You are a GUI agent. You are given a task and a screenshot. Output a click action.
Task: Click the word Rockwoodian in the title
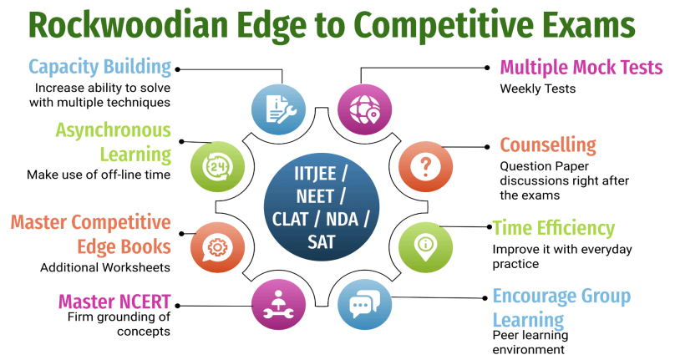(128, 26)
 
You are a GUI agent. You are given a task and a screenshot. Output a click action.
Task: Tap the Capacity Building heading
(100, 68)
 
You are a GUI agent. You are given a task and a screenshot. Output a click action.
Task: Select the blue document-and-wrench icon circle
(278, 109)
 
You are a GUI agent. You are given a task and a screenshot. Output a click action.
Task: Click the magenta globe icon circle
(364, 109)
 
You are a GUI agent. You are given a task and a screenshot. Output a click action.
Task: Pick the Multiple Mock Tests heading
(581, 68)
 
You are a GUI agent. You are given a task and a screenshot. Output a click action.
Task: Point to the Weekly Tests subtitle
(538, 89)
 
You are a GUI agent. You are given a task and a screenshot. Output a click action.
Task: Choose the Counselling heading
(548, 145)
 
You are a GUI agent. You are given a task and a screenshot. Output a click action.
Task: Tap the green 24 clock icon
(217, 167)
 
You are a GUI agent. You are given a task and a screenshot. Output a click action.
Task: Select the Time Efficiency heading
(554, 228)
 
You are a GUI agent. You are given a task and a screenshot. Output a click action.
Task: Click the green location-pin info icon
(425, 246)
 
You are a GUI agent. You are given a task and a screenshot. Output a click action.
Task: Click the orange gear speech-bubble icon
(217, 246)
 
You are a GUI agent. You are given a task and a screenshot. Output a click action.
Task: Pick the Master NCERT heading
(114, 302)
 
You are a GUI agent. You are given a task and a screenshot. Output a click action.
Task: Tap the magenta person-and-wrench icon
(278, 304)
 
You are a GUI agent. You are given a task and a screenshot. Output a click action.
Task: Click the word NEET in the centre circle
(315, 197)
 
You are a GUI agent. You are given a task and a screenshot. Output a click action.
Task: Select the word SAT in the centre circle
(321, 242)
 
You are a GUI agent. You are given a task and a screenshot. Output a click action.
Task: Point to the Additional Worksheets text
(105, 267)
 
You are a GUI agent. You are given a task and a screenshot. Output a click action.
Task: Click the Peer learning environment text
(530, 342)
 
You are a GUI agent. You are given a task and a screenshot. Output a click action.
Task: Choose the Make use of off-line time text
(99, 175)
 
